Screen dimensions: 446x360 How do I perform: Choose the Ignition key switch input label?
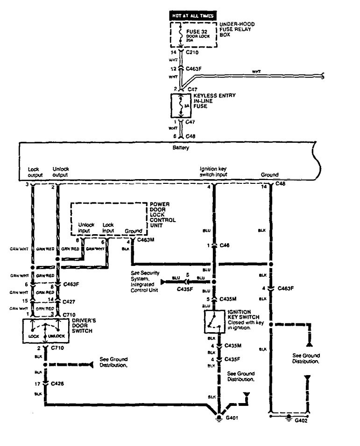(213, 172)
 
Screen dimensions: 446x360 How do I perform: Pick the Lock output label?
(34, 172)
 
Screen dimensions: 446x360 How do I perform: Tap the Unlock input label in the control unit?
(86, 227)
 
